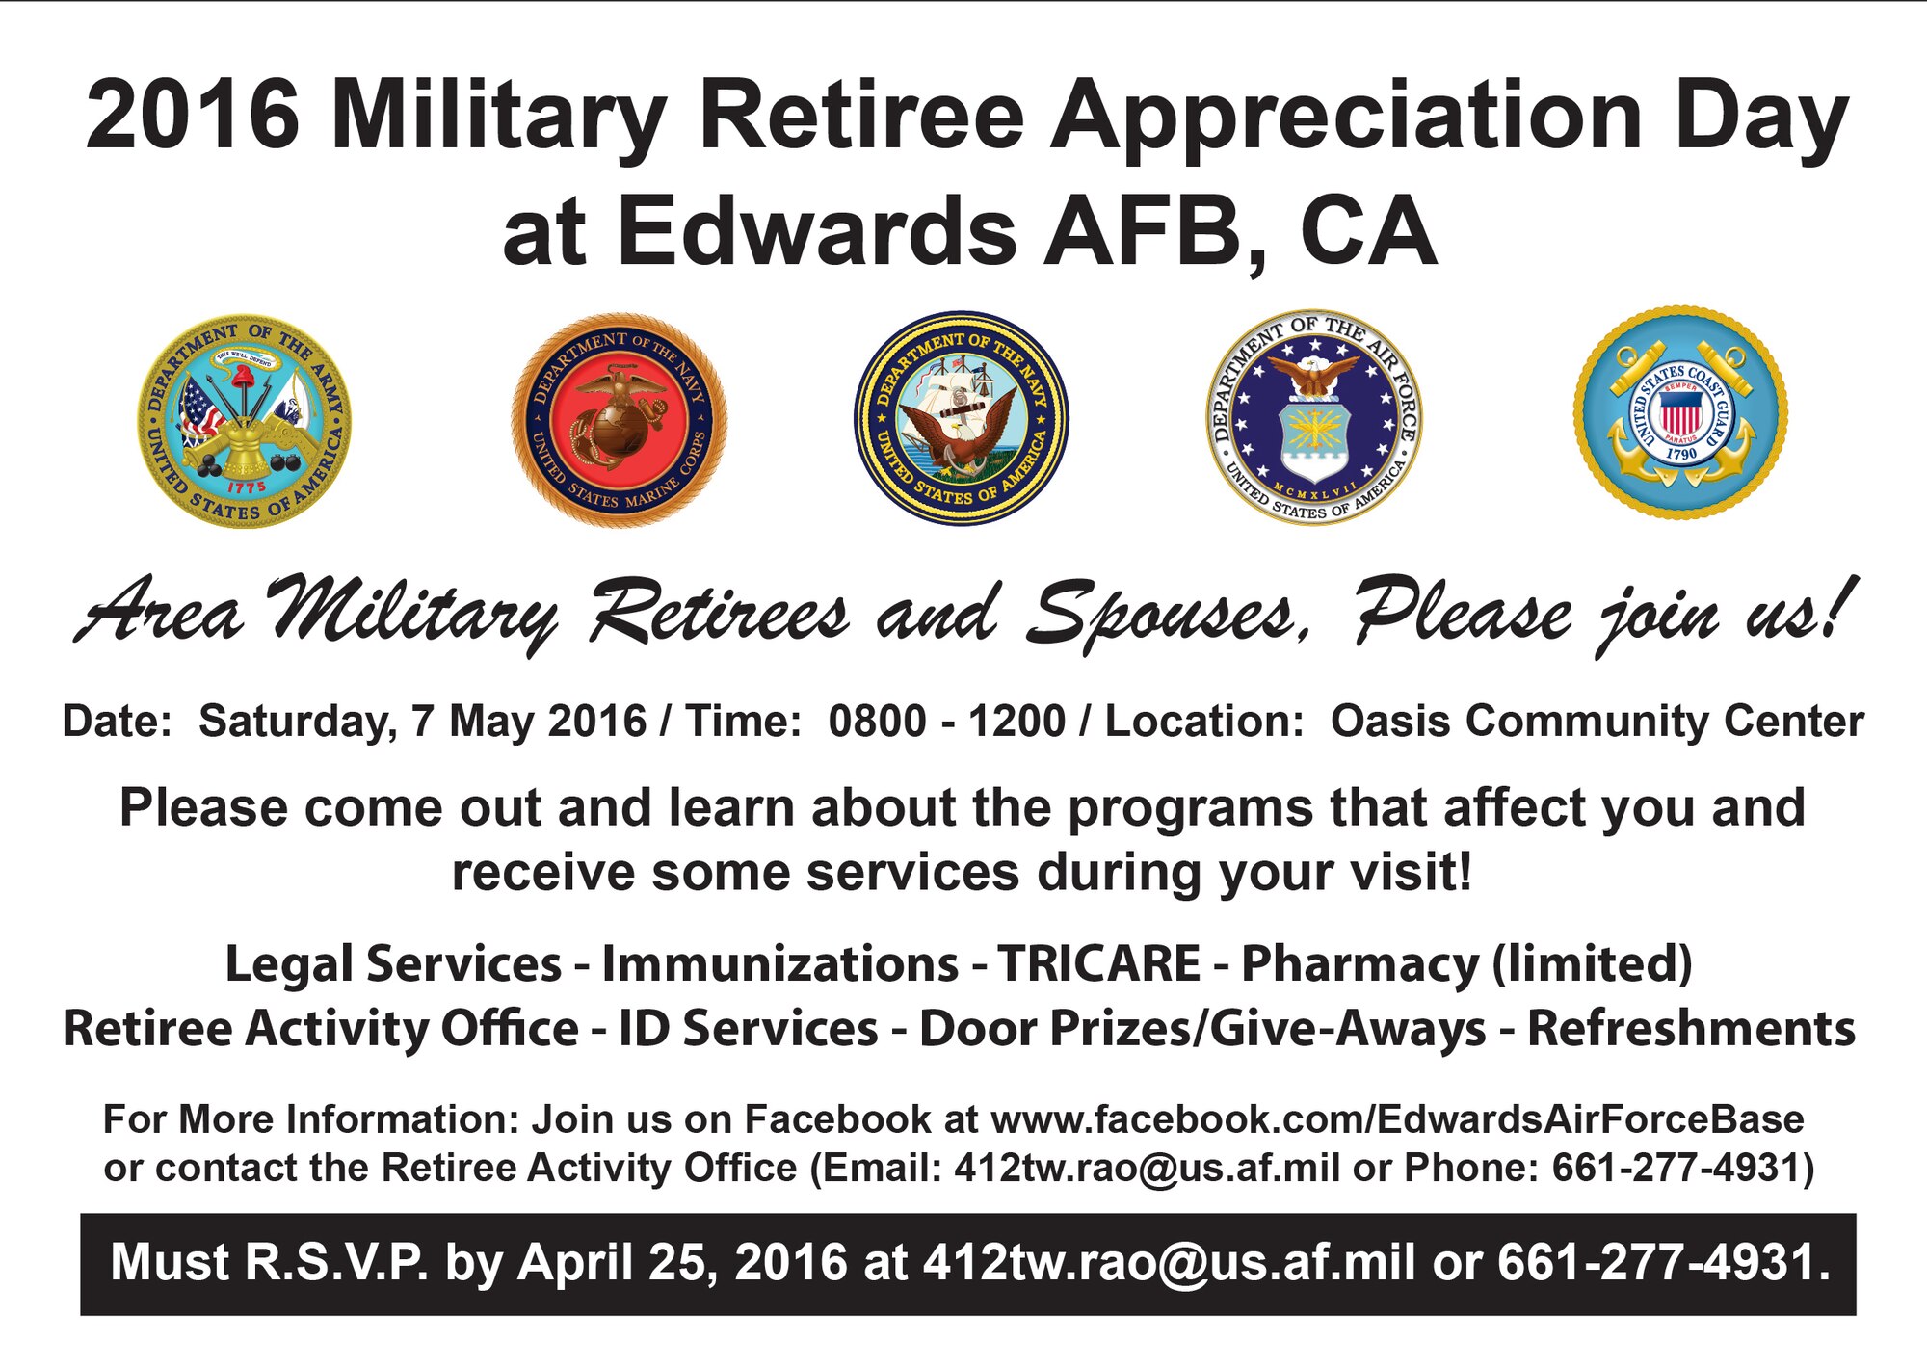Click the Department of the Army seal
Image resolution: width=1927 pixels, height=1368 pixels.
point(245,421)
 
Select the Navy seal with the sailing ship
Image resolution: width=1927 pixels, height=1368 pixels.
point(961,418)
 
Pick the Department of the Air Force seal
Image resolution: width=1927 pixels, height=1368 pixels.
point(1313,417)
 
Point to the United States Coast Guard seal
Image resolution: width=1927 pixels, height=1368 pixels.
point(1680,413)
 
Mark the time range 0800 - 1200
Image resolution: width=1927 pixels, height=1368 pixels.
point(947,721)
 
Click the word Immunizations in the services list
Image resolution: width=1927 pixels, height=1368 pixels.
point(779,964)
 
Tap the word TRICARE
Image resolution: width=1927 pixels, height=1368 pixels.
point(1098,963)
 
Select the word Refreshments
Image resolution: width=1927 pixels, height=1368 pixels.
point(1691,1028)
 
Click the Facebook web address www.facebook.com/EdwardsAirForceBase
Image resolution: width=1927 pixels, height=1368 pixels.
point(1397,1119)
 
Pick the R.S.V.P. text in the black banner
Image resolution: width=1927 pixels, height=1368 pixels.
point(336,1262)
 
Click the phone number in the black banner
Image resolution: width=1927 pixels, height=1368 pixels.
point(1663,1262)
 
